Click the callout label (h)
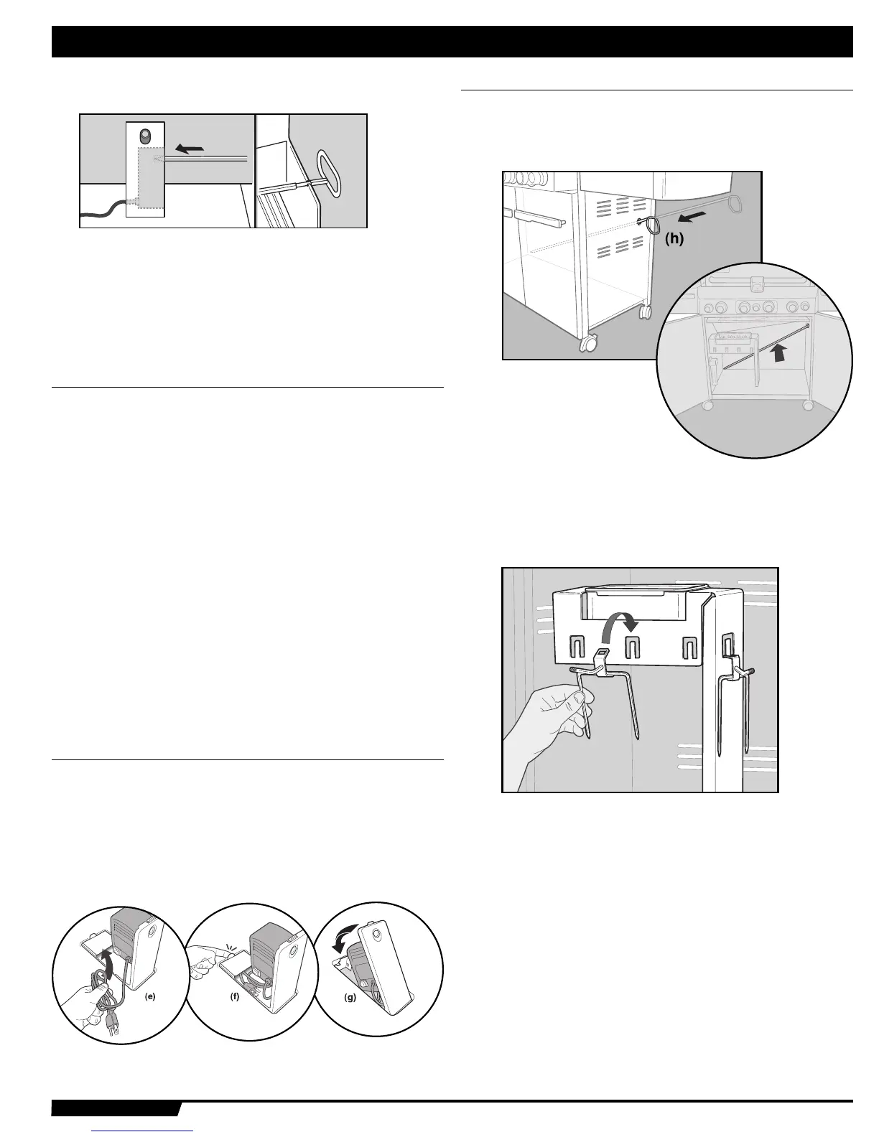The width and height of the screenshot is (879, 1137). pos(673,240)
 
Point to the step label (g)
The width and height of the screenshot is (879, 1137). pos(350,997)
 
